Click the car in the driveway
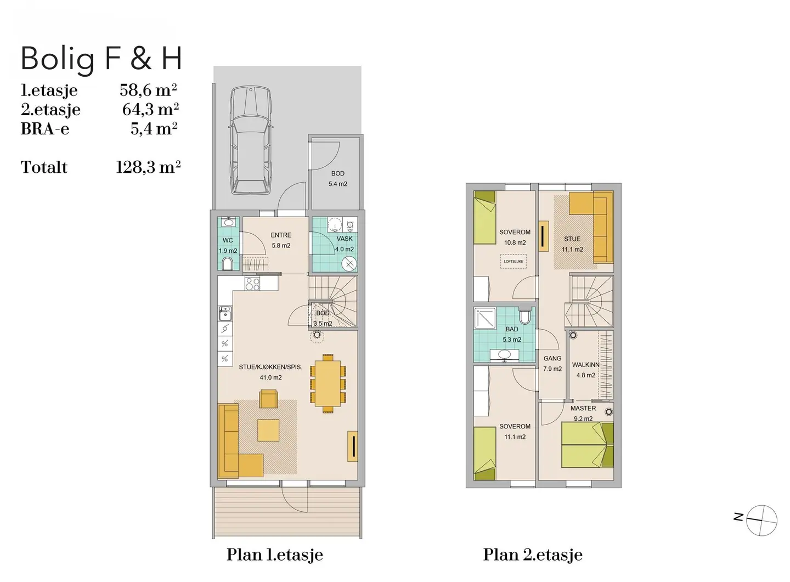point(251,139)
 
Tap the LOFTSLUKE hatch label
point(513,261)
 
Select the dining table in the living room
point(328,383)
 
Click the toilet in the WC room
point(228,263)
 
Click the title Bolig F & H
point(101,59)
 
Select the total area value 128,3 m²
point(148,167)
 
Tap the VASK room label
point(345,239)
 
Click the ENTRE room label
point(281,235)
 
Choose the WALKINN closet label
point(586,365)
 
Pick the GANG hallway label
point(552,358)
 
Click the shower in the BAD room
point(485,318)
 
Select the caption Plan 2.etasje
point(533,555)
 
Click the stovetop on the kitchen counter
point(252,284)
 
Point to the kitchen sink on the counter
point(224,313)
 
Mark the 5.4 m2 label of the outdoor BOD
point(338,184)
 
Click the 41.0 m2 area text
point(270,377)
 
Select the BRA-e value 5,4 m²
point(154,128)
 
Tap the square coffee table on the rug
point(268,430)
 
